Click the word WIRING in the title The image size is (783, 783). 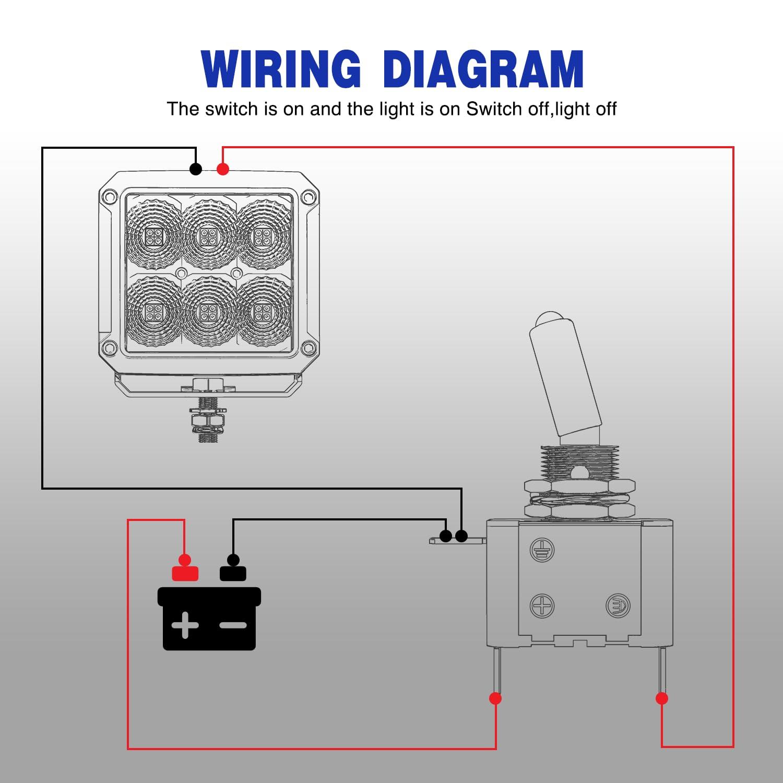[x=280, y=69]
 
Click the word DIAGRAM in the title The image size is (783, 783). [x=483, y=69]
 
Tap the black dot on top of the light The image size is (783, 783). [x=196, y=169]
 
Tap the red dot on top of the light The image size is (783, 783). [x=223, y=169]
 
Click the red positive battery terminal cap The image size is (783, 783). [x=185, y=573]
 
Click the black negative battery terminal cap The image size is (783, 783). [x=233, y=573]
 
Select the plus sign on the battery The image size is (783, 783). [x=185, y=625]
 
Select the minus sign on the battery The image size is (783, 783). [x=233, y=625]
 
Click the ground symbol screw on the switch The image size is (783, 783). [x=542, y=550]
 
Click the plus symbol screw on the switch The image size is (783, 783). [x=542, y=606]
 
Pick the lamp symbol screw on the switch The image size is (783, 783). [x=618, y=606]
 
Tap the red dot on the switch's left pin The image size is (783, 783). [x=495, y=698]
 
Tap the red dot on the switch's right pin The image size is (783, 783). [x=661, y=698]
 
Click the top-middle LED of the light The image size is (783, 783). [x=209, y=236]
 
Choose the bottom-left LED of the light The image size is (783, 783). [x=155, y=312]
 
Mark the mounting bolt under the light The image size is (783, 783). [x=208, y=418]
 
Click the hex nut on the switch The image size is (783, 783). [x=579, y=487]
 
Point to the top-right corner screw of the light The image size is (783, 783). [x=309, y=197]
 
